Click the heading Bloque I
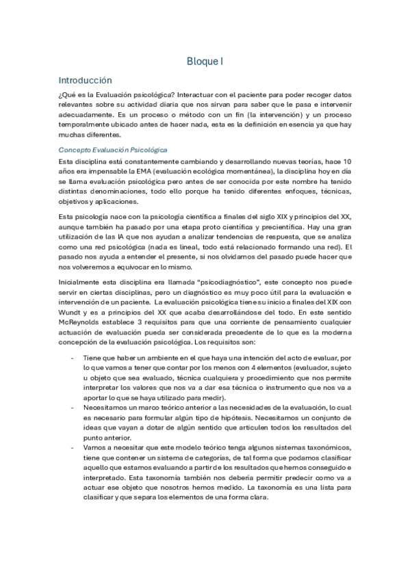(x=205, y=62)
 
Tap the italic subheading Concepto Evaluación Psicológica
(x=113, y=149)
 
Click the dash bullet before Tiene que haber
(x=72, y=357)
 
